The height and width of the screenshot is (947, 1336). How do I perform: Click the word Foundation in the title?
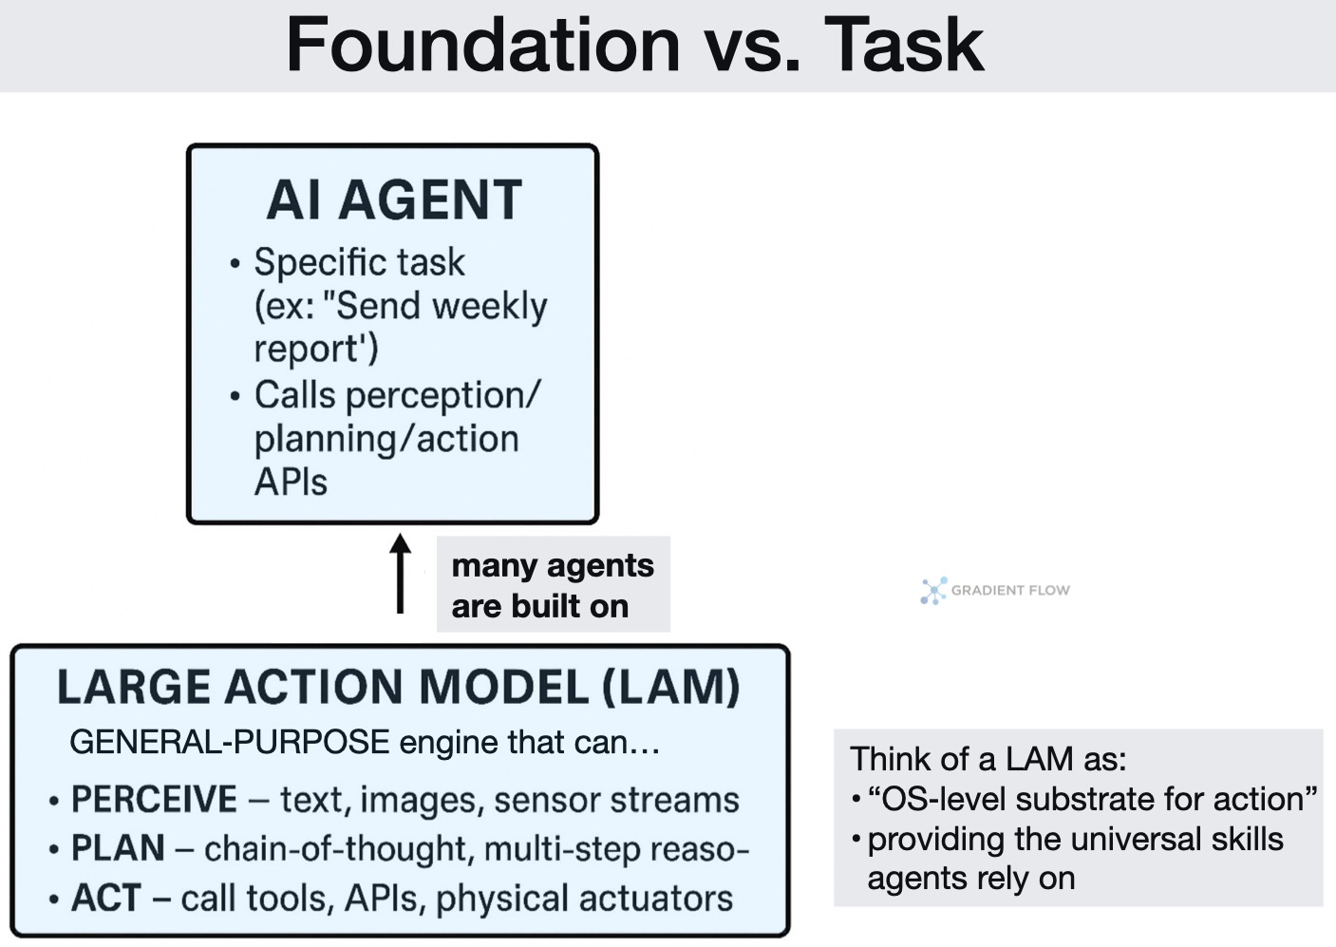482,45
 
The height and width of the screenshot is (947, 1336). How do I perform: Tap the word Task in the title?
903,45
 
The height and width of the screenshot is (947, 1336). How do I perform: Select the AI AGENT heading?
394,200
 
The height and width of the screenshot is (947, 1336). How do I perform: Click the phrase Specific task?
359,262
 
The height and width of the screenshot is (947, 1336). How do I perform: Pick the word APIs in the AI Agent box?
291,483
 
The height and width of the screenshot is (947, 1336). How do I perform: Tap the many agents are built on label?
553,585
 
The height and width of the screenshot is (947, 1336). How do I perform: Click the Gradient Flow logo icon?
933,591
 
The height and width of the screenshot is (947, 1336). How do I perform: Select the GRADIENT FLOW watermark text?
1010,591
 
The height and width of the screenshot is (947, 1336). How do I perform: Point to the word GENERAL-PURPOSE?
229,742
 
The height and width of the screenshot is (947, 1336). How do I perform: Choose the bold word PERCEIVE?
154,800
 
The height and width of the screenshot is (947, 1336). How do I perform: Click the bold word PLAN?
118,848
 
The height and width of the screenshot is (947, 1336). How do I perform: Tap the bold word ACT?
105,898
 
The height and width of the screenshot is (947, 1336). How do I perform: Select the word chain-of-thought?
337,848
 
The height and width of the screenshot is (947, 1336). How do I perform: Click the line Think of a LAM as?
988,759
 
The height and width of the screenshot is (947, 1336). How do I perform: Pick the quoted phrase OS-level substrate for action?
1092,799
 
